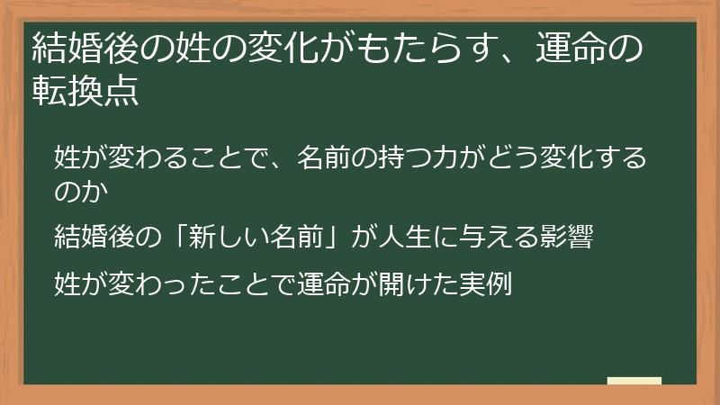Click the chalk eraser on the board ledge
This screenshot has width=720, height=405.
634,382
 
